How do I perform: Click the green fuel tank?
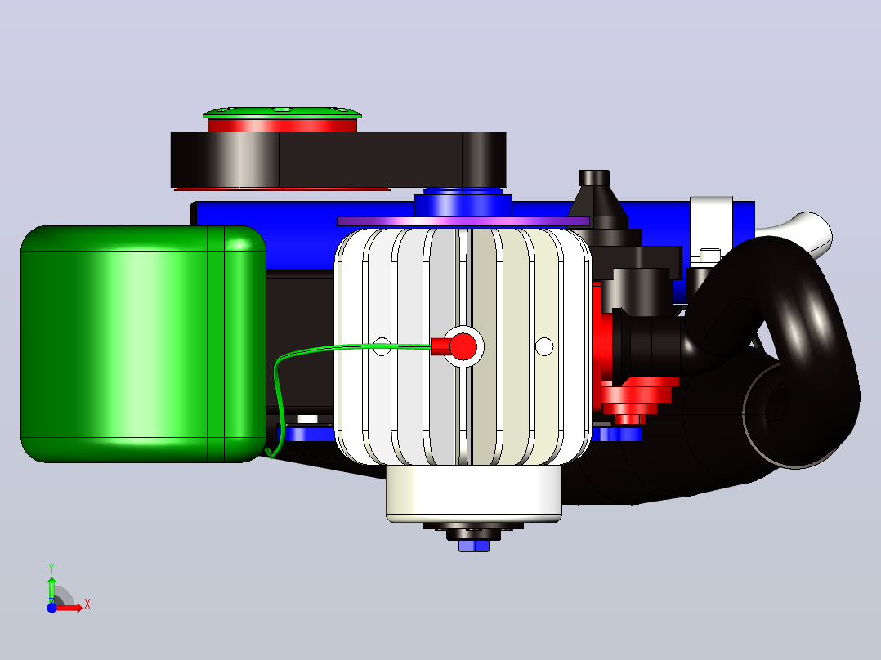(x=143, y=344)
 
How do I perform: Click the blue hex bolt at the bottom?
(x=474, y=546)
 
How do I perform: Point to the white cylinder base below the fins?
(x=474, y=493)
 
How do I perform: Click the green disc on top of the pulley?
(x=282, y=113)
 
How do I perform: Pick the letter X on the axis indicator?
(x=87, y=604)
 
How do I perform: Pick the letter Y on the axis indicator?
(x=51, y=569)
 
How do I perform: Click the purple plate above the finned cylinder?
(x=463, y=221)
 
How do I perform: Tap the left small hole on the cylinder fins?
(x=382, y=346)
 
